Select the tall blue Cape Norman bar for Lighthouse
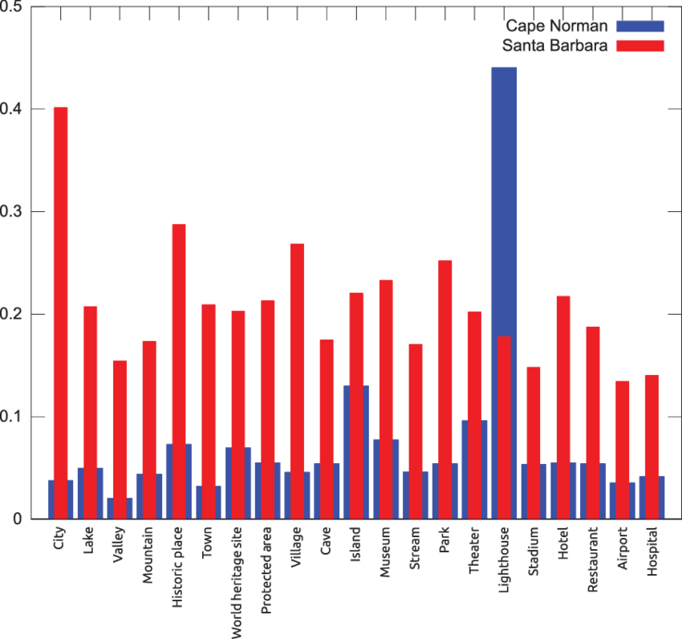[x=504, y=201]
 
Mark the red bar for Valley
[x=120, y=425]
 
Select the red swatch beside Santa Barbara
[x=640, y=46]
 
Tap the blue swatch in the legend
[x=640, y=26]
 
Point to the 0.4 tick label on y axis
[x=14, y=109]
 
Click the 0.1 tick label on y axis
[x=14, y=417]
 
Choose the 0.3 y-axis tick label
[x=14, y=212]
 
